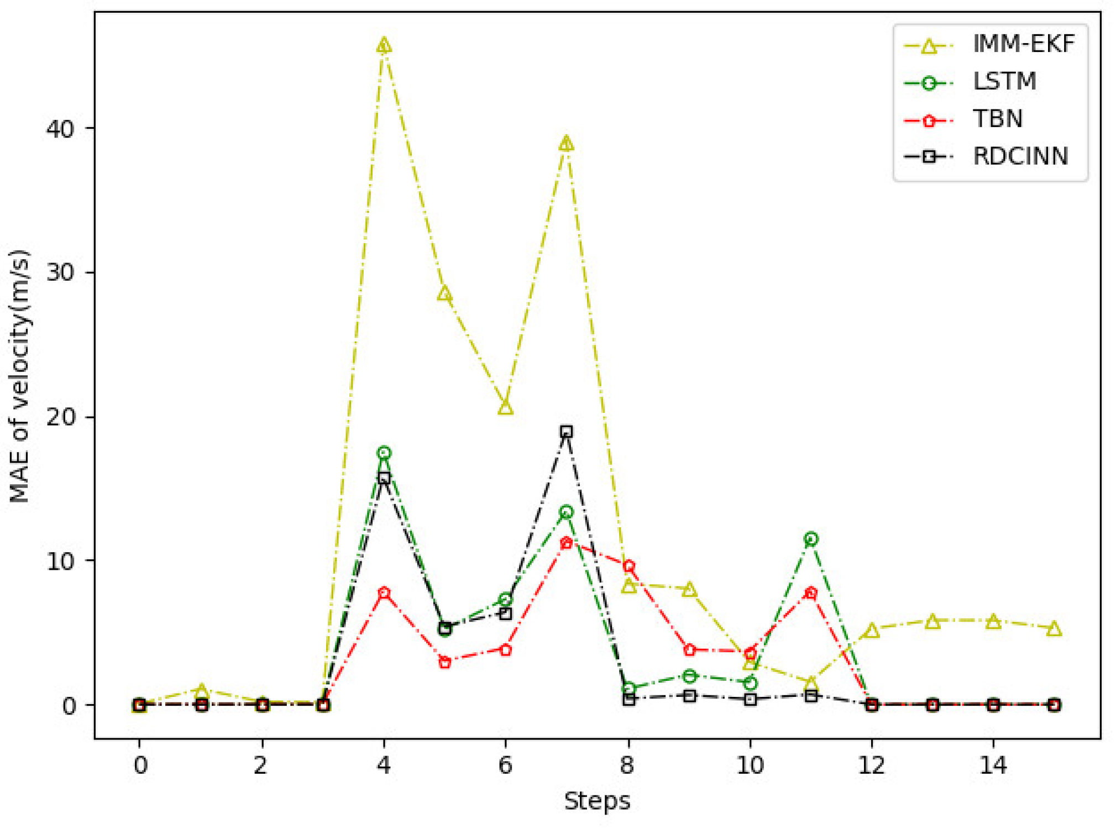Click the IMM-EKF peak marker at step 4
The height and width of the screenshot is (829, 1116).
(x=384, y=45)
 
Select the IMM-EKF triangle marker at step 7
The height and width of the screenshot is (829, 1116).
(x=566, y=144)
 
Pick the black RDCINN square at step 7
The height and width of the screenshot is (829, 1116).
(x=566, y=432)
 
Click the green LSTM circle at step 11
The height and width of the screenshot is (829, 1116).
(x=810, y=539)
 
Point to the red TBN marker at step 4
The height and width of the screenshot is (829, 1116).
(x=384, y=593)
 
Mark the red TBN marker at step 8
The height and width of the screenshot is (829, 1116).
(x=628, y=566)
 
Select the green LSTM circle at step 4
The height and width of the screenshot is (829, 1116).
(x=384, y=453)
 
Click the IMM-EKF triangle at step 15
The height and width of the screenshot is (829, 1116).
(x=1054, y=629)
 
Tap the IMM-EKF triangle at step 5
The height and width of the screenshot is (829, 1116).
(x=444, y=294)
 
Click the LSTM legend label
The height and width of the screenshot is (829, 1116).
(x=1004, y=82)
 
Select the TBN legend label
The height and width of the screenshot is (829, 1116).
(x=998, y=119)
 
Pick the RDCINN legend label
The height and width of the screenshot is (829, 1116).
(x=1020, y=157)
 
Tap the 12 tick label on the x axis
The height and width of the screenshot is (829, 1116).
(x=871, y=766)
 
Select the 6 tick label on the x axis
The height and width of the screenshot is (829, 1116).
(x=505, y=766)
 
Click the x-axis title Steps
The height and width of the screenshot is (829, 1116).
(x=597, y=801)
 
